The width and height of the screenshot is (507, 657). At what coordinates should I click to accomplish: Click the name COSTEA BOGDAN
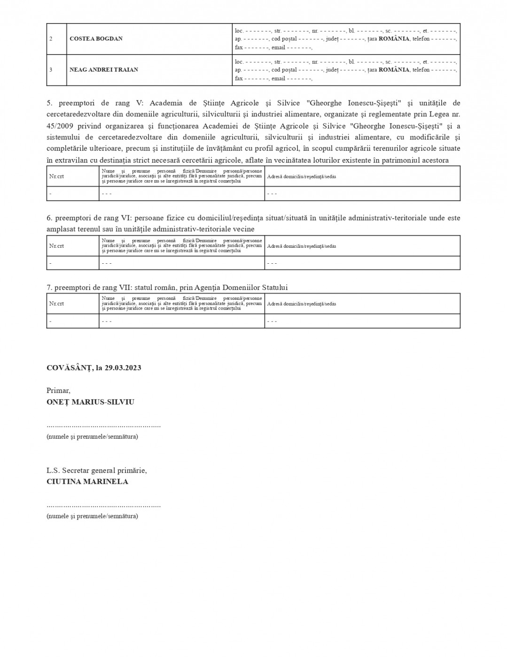point(96,38)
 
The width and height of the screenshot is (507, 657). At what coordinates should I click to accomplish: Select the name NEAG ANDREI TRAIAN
point(104,69)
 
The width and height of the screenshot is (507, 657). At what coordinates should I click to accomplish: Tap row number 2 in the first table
point(51,38)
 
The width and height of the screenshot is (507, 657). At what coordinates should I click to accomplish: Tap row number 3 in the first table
point(51,69)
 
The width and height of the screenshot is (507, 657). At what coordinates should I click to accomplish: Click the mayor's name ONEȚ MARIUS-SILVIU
point(90,402)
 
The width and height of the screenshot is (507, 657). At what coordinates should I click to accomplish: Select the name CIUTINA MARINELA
point(87,481)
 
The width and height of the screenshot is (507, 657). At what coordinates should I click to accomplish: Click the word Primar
point(58,390)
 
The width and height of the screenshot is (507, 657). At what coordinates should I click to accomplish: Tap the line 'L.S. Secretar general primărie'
point(96,470)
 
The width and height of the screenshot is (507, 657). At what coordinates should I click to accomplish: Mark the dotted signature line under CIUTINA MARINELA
point(103,506)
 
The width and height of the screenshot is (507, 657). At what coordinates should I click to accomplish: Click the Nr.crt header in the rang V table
point(56,176)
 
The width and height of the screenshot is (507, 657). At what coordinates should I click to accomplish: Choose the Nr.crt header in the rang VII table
point(56,304)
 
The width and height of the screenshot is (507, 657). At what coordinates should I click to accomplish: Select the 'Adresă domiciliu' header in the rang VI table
point(301,246)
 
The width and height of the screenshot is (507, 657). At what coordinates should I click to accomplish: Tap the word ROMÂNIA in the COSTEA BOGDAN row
point(394,38)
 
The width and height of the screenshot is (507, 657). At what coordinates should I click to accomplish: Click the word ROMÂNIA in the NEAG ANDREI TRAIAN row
point(394,69)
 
